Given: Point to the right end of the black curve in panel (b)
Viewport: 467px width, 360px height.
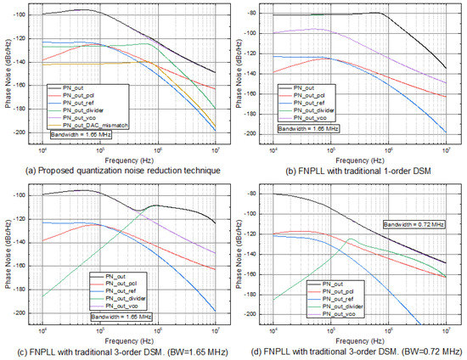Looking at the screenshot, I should tap(447, 69).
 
